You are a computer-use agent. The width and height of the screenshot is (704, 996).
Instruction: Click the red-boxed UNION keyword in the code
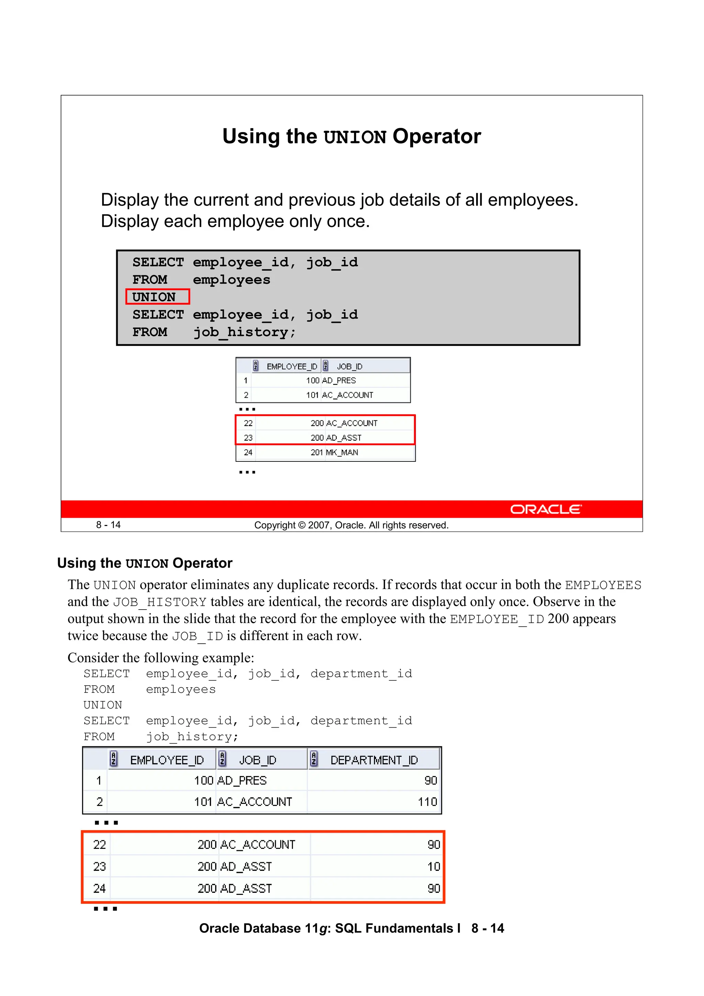click(154, 297)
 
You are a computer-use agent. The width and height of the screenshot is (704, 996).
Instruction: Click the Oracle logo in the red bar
click(545, 509)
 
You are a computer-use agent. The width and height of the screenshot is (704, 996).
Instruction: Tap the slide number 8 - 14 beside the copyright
click(108, 525)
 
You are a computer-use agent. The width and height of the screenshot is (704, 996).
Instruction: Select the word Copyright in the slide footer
click(275, 525)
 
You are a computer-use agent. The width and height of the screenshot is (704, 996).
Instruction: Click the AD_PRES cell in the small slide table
click(339, 381)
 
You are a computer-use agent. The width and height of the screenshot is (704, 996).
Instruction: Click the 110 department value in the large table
click(427, 802)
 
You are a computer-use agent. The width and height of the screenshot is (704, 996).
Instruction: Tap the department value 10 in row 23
click(433, 866)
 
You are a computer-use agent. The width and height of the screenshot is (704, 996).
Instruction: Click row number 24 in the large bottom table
click(99, 888)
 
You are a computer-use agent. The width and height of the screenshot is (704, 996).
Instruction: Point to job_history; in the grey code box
click(244, 332)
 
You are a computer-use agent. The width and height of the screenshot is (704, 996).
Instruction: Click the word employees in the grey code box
click(231, 280)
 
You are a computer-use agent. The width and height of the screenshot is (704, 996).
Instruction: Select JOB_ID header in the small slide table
click(349, 366)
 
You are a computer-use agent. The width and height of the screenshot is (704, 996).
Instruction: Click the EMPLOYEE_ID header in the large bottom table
click(167, 760)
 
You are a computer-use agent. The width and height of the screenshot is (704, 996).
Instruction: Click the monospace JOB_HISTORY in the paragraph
click(159, 602)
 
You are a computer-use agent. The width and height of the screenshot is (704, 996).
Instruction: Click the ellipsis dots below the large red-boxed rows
click(106, 908)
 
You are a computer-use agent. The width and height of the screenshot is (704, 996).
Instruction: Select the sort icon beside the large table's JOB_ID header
click(222, 759)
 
